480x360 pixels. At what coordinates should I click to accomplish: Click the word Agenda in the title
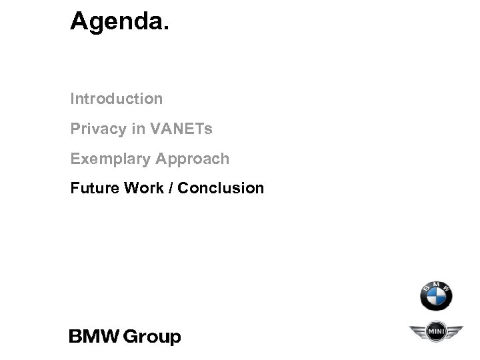tap(117, 22)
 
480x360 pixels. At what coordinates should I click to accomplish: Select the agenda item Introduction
tap(117, 99)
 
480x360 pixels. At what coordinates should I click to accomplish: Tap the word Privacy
tap(99, 129)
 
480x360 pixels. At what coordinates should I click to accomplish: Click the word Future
tap(93, 188)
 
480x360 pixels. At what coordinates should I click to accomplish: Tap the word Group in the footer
tap(154, 337)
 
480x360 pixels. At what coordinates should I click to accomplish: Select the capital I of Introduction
tap(73, 99)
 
